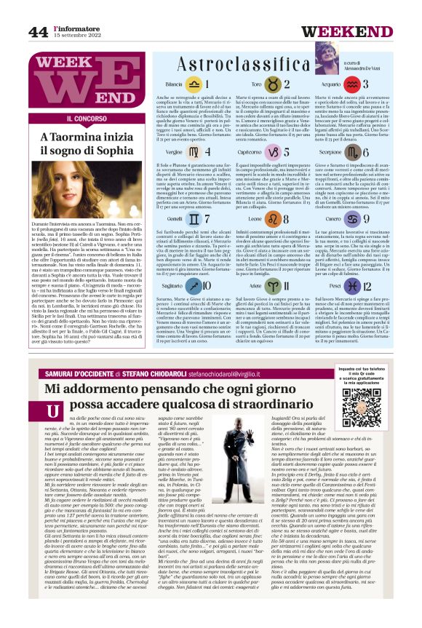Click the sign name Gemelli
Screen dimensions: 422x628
pyautogui.click(x=175, y=218)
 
